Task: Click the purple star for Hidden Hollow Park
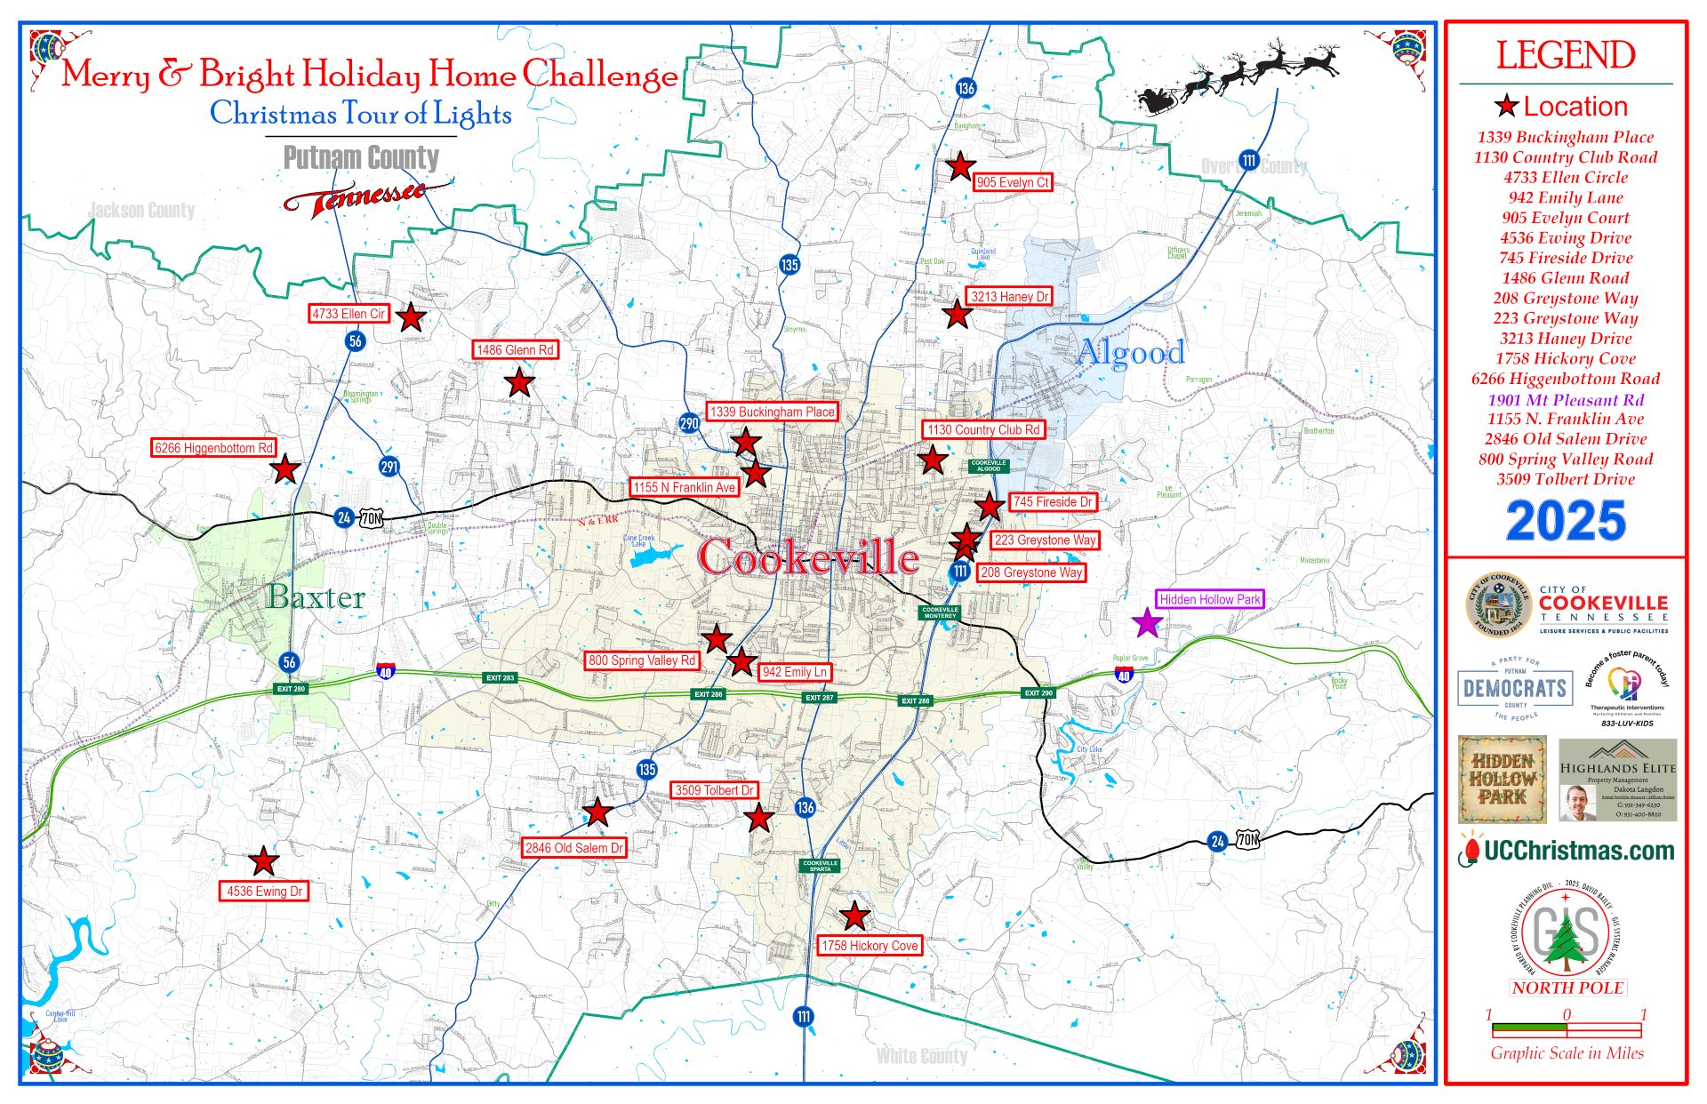1148,622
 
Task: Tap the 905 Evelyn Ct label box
1013,182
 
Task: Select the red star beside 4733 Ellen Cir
411,317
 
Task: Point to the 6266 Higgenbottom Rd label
213,448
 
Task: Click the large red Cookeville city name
808,558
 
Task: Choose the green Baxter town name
316,597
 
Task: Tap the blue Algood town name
1131,353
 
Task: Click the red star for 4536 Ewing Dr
263,860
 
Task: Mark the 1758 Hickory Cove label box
870,946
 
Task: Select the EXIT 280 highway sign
291,689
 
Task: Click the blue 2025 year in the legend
1566,521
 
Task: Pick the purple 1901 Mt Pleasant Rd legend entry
1566,400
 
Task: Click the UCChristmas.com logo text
1578,852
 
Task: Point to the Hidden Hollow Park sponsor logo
1502,779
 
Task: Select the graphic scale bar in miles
1567,1030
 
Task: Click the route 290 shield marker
689,423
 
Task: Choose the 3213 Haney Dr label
1009,297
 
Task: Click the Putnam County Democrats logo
1515,689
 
